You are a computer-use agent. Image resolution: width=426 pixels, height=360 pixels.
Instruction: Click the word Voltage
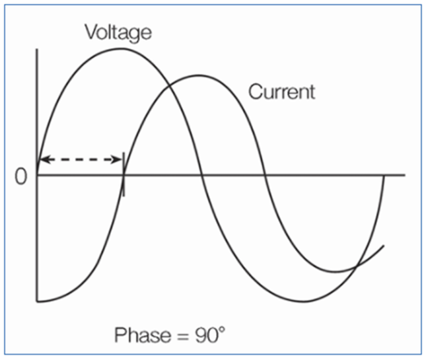118,33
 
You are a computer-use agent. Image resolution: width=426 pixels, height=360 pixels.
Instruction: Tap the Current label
282,92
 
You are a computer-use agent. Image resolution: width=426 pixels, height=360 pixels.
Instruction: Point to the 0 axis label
21,176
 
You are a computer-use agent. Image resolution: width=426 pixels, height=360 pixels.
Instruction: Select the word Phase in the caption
143,335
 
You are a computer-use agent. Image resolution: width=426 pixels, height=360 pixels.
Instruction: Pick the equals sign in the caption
182,337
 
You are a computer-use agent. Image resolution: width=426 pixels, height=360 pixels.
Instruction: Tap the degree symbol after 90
222,330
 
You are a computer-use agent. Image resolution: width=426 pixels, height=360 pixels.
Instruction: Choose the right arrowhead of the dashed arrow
116,159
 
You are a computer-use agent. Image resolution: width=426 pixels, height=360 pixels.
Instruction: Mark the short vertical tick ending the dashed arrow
124,174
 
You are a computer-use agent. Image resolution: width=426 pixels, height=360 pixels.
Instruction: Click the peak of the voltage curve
122,49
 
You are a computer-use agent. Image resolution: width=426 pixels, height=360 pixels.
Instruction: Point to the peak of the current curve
199,75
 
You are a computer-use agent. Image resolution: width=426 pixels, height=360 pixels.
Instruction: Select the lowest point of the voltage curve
304,301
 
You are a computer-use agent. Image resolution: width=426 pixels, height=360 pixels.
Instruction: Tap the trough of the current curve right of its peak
336,271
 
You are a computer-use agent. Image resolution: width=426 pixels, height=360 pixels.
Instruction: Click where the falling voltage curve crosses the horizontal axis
201,175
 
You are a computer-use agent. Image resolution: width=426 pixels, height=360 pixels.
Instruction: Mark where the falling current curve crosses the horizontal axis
265,175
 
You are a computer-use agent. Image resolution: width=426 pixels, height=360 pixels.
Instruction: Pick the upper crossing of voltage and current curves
169,86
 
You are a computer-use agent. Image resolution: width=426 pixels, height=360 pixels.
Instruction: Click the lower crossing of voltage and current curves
357,266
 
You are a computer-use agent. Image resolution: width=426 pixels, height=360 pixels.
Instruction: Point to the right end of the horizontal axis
405,175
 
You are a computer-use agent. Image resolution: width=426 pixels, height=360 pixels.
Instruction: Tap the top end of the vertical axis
37,49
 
